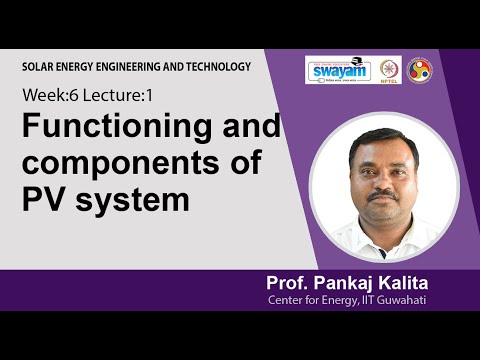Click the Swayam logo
tap(338, 70)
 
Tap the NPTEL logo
tap(387, 70)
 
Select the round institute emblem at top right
tap(420, 69)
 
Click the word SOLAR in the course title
tap(40, 66)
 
